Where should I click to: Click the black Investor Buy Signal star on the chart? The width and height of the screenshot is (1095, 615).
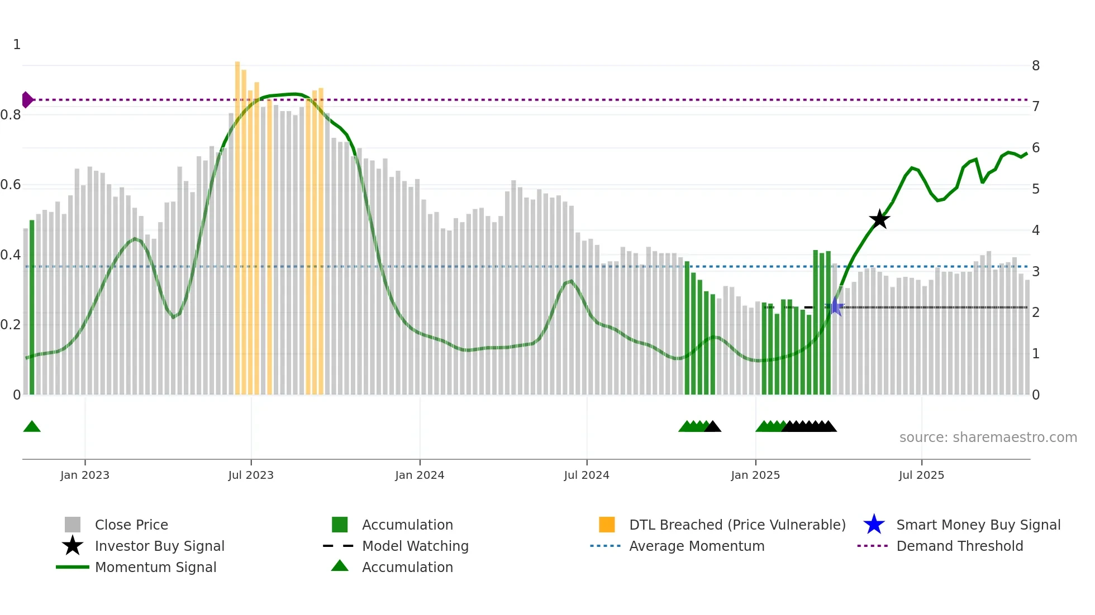point(879,219)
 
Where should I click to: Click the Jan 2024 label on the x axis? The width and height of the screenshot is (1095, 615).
point(420,475)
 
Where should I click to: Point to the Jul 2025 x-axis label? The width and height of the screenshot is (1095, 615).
point(921,475)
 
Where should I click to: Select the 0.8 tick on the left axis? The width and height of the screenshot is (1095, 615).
point(11,115)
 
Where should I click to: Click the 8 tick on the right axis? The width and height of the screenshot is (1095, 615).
point(1036,66)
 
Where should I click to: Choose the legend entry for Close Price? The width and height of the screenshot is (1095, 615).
point(131,525)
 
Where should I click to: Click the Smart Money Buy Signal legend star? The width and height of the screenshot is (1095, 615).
point(874,525)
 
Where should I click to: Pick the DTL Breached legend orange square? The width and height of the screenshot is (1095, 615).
point(607,525)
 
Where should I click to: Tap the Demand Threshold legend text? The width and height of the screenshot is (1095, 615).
point(959,546)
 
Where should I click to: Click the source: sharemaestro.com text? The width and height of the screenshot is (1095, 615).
point(988,438)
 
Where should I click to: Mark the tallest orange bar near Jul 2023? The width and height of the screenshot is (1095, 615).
point(237,223)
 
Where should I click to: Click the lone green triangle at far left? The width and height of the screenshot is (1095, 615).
point(32,427)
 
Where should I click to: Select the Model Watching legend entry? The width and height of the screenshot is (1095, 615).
point(415,546)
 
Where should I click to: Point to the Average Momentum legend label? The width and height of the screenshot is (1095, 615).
point(696,546)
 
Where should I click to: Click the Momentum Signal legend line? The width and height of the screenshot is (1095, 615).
point(73,567)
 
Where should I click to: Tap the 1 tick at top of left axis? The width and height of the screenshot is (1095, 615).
point(17,45)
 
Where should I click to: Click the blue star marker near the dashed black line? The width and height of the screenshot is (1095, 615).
point(835,306)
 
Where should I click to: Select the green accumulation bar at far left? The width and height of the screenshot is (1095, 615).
point(32,307)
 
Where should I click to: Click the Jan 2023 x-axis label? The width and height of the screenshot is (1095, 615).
point(85,475)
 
